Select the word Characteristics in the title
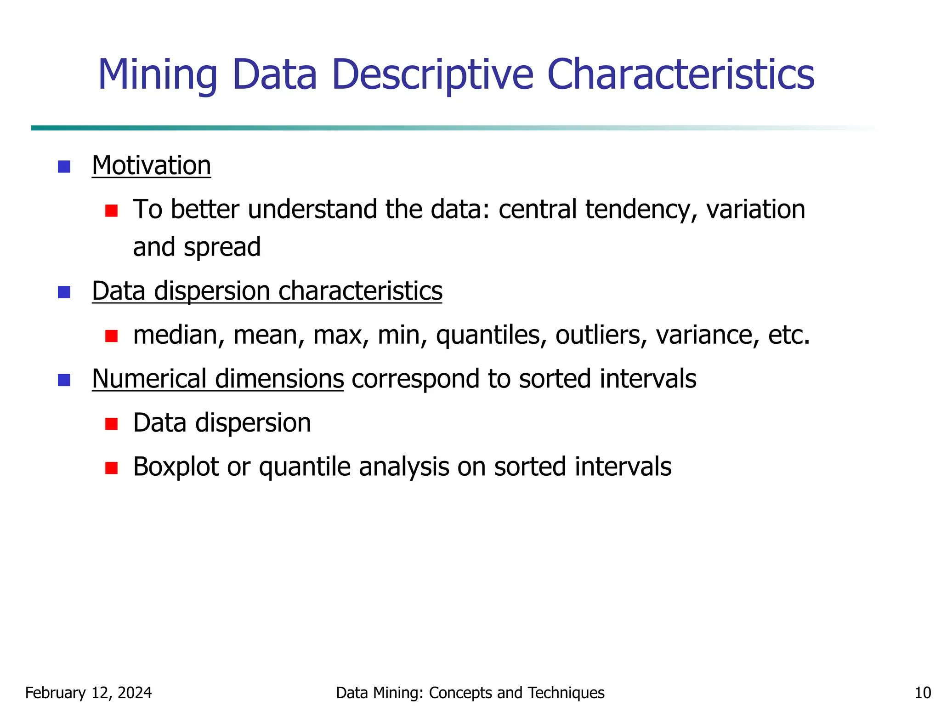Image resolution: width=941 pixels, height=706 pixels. [680, 74]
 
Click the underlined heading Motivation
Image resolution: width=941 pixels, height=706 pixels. [151, 165]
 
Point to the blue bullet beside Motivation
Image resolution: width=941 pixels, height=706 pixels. [64, 166]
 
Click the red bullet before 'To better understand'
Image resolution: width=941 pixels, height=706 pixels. [111, 211]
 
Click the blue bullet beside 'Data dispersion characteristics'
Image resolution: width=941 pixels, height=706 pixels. [64, 292]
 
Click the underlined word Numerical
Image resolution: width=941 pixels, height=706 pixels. [149, 379]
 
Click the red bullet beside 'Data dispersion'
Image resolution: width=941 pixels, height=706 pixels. [111, 423]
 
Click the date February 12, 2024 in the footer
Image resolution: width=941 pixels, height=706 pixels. [88, 693]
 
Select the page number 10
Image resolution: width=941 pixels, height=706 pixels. [923, 693]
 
